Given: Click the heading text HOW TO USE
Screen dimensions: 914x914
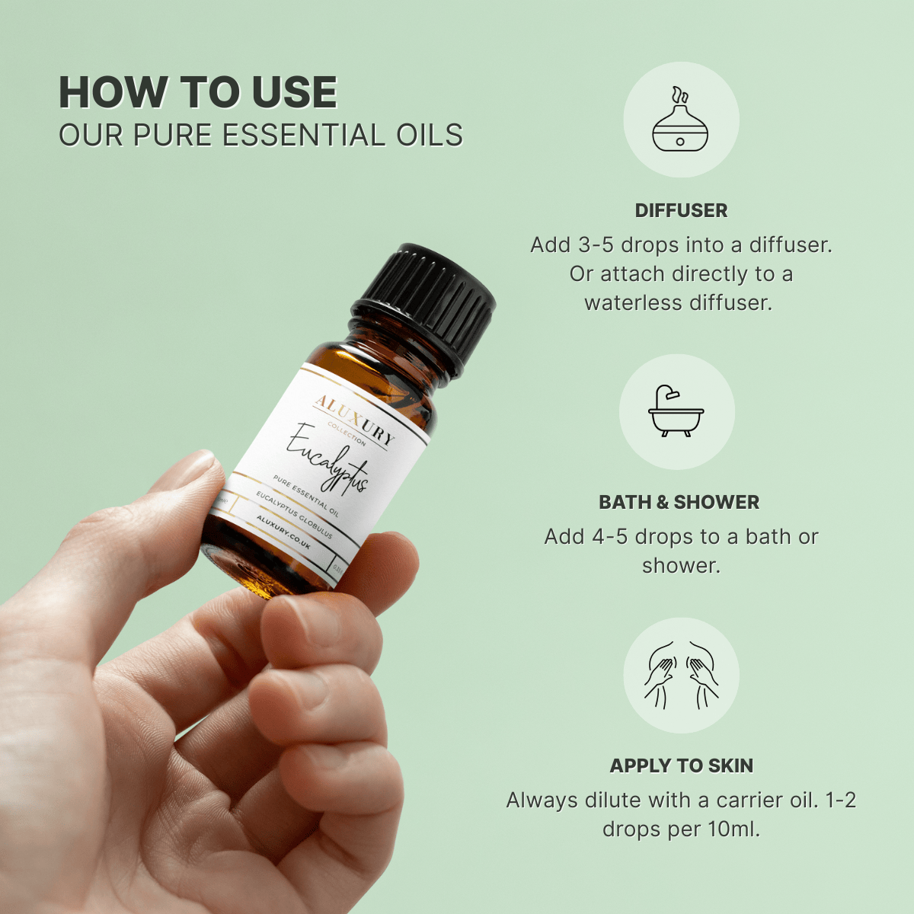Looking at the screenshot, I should click(198, 93).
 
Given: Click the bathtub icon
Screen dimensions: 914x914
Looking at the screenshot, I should click(676, 412).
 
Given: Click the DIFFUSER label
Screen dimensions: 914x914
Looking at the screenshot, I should click(681, 211).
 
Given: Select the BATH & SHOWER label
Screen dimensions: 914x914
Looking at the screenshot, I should click(679, 503).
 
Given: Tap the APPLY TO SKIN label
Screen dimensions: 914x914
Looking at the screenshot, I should click(681, 766).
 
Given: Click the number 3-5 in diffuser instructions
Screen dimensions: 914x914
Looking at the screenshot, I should click(596, 245).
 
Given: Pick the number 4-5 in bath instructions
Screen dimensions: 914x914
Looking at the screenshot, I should click(610, 537).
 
